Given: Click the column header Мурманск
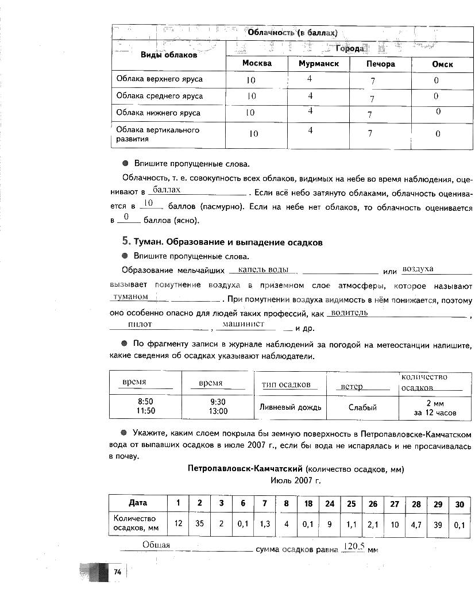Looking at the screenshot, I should click(319, 64).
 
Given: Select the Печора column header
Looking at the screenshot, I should click(381, 64).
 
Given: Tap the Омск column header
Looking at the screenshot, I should click(442, 64).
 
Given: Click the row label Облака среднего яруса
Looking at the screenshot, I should click(160, 96).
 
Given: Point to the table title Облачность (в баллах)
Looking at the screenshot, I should click(292, 32).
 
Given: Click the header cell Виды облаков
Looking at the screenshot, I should click(169, 55).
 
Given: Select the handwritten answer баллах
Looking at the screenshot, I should click(167, 189).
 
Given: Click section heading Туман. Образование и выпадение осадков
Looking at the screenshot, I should click(227, 242).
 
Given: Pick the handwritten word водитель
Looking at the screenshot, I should click(346, 313).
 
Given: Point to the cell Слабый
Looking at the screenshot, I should click(363, 407).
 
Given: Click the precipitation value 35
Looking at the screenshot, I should click(200, 523).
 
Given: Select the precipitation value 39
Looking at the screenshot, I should click(438, 523).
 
